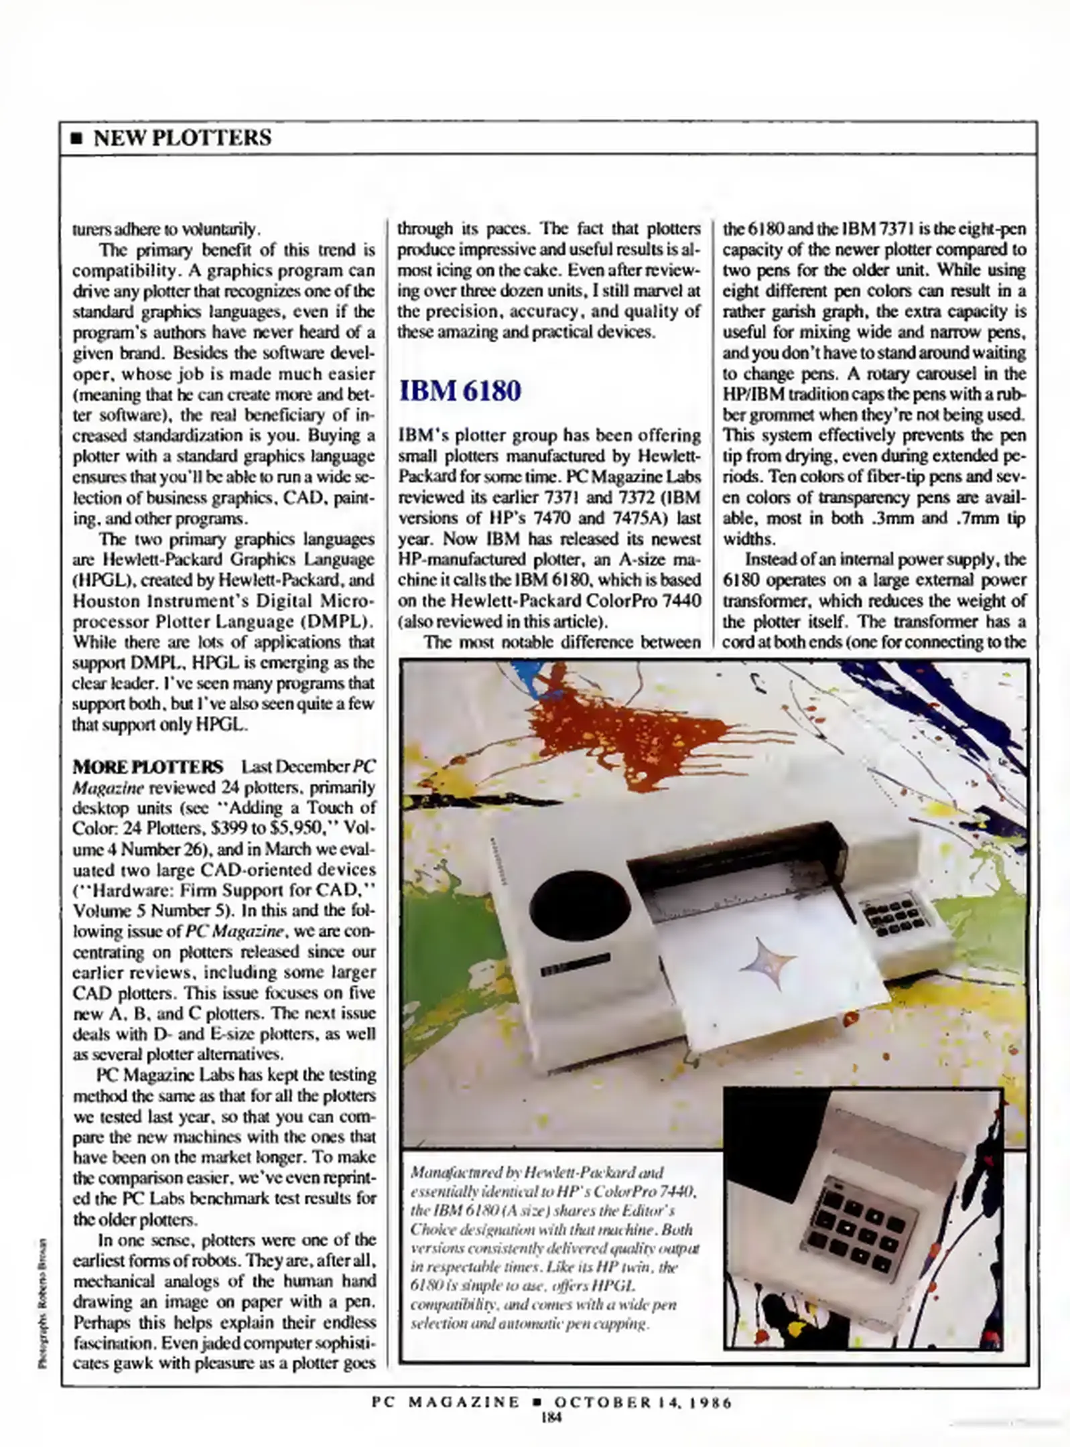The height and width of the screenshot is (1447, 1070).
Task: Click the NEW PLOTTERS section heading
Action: coord(182,137)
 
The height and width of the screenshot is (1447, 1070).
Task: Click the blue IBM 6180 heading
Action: coord(460,391)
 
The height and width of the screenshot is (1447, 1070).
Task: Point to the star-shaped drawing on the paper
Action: coord(767,963)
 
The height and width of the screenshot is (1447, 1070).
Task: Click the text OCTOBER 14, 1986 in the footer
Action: coord(643,1402)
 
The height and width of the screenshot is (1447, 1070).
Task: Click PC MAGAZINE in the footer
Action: coord(446,1402)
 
